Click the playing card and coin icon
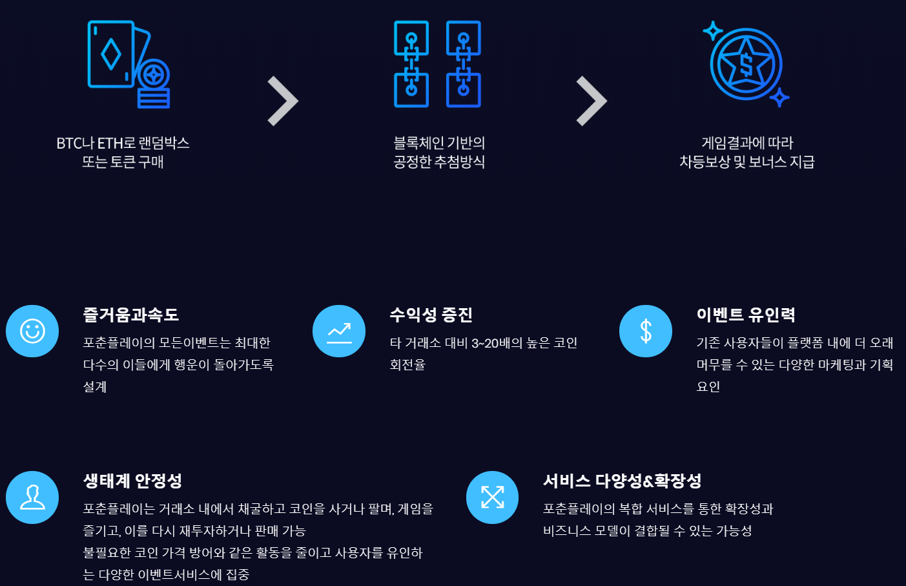pyautogui.click(x=129, y=64)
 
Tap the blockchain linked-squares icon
pyautogui.click(x=438, y=64)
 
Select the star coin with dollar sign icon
pyautogui.click(x=746, y=64)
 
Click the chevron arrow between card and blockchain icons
pyautogui.click(x=283, y=101)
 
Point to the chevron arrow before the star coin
pyautogui.click(x=592, y=101)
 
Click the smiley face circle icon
pyautogui.click(x=32, y=331)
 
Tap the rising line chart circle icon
pyautogui.click(x=339, y=331)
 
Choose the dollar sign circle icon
pyautogui.click(x=646, y=331)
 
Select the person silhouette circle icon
pyautogui.click(x=32, y=497)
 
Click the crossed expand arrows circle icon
pyautogui.click(x=492, y=497)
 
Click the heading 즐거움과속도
pyautogui.click(x=130, y=315)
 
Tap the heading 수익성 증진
pyautogui.click(x=431, y=315)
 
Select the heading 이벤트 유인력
pyautogui.click(x=746, y=315)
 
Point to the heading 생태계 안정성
pyautogui.click(x=132, y=481)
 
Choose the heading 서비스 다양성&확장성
pyautogui.click(x=622, y=481)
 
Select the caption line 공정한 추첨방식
pyautogui.click(x=439, y=162)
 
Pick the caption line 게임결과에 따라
pyautogui.click(x=747, y=143)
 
